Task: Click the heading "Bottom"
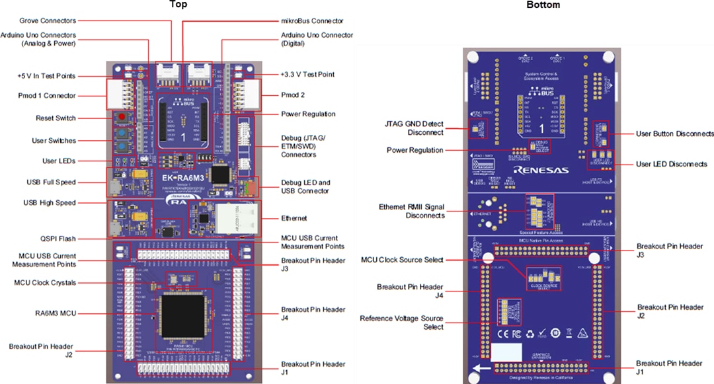tap(543, 5)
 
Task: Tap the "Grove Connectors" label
tap(48, 20)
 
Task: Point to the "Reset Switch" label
tap(56, 118)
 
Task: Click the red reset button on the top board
tap(122, 118)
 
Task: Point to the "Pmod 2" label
tap(292, 95)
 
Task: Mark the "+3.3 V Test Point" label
tap(307, 74)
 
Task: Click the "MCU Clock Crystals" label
tap(45, 282)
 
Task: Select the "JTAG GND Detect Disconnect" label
tap(414, 128)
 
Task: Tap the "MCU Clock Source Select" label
tap(402, 260)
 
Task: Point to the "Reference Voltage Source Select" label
tap(401, 323)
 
